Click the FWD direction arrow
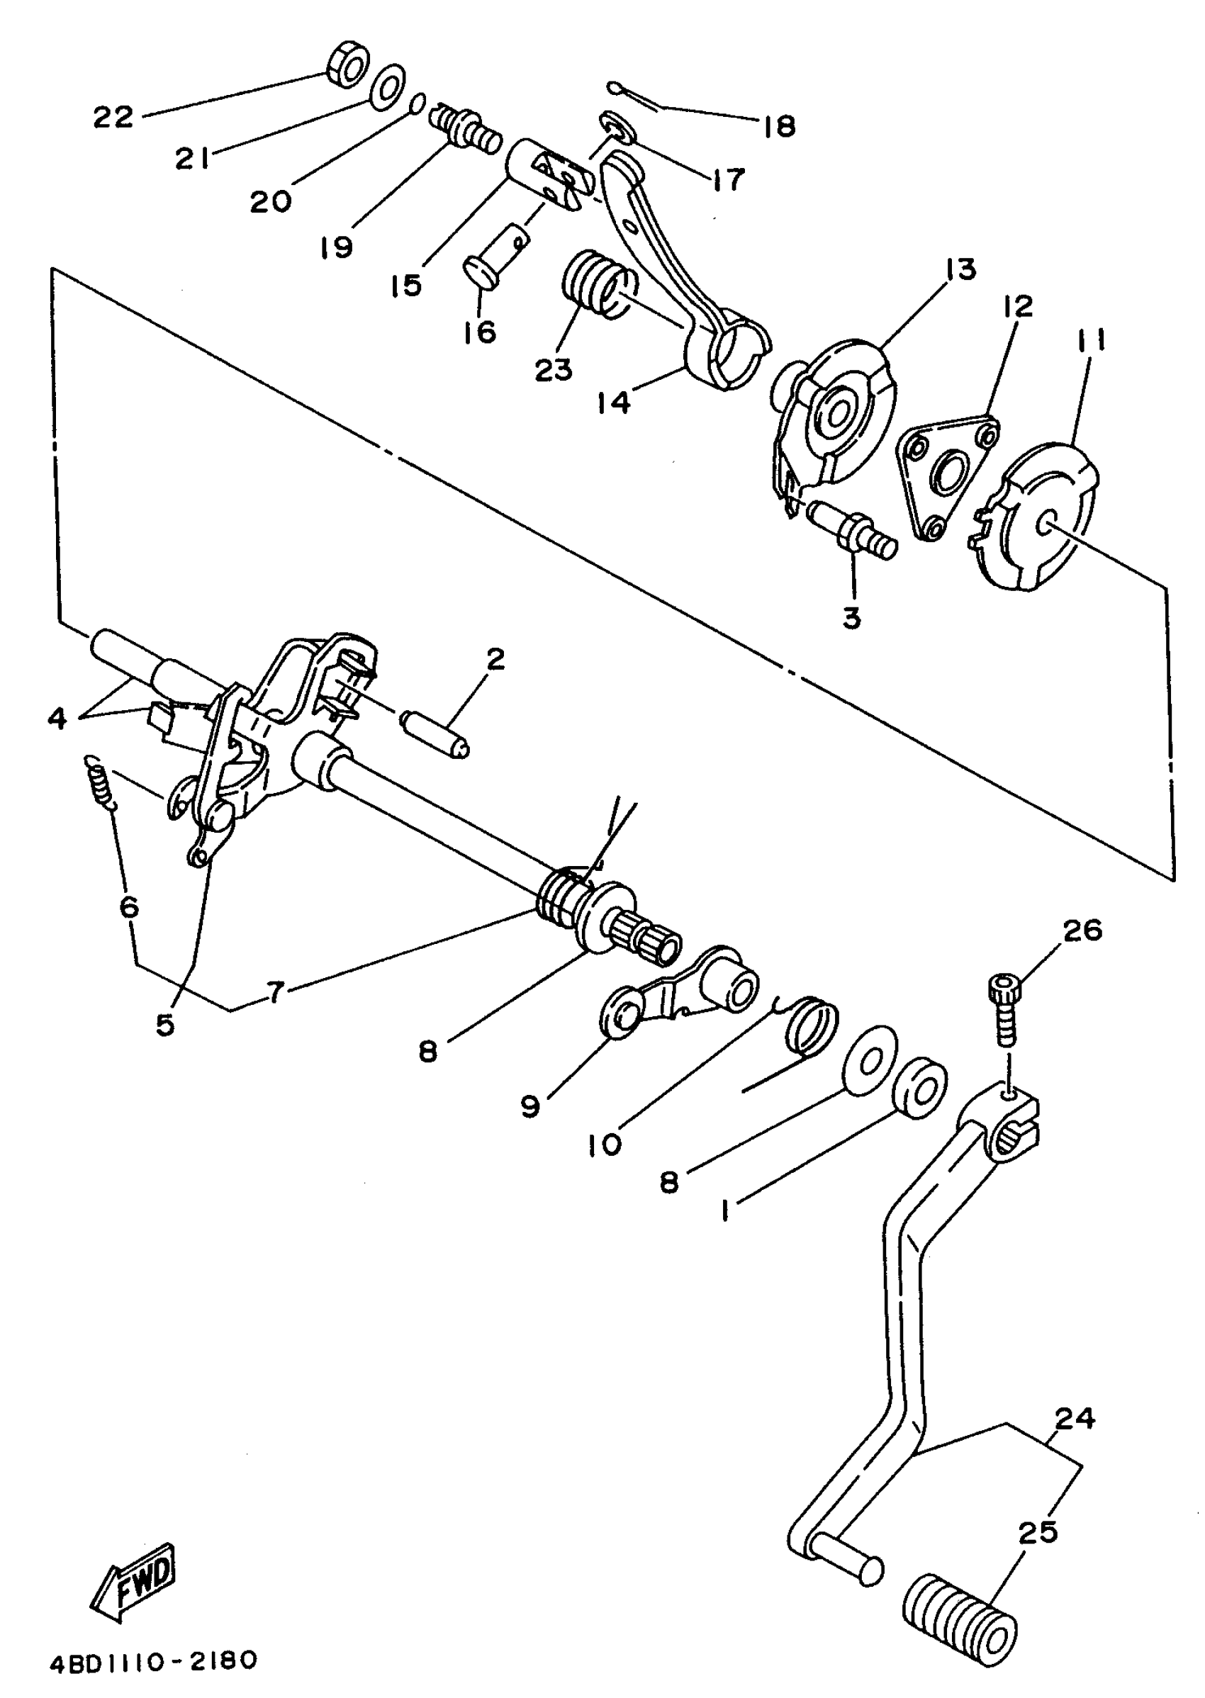coord(135,1577)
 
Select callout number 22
coord(113,117)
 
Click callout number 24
coord(1075,1418)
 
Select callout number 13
coord(962,270)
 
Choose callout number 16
coord(480,332)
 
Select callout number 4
coord(57,718)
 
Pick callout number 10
coord(605,1145)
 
